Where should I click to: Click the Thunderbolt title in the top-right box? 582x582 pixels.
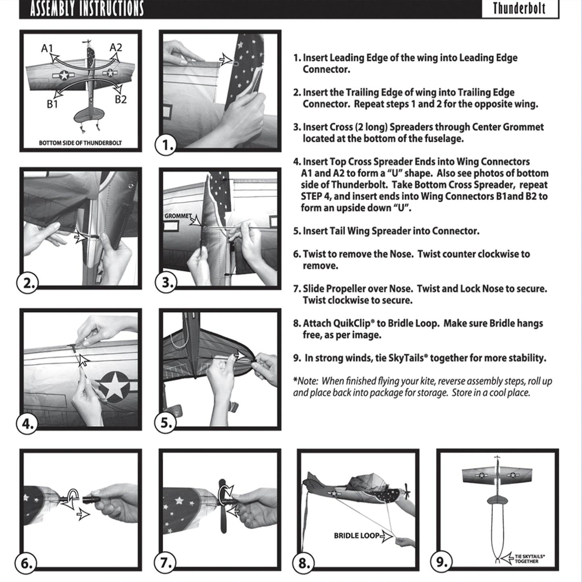[519, 8]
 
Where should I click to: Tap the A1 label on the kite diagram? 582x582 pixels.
[47, 49]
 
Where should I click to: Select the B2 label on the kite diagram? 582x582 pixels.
[120, 99]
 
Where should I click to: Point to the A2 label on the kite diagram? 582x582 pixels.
[116, 48]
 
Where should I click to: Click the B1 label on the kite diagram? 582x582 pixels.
[52, 104]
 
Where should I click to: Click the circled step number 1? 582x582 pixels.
[166, 145]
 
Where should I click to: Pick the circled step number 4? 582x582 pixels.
[27, 424]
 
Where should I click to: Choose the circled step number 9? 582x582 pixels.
[441, 562]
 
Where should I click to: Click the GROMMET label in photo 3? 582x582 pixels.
[178, 216]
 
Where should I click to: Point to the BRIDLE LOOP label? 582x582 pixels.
[356, 536]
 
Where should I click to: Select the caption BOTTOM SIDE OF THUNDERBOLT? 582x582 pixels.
[80, 143]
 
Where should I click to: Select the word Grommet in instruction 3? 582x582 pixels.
[523, 127]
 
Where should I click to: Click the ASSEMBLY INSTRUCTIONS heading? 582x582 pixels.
[87, 8]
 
